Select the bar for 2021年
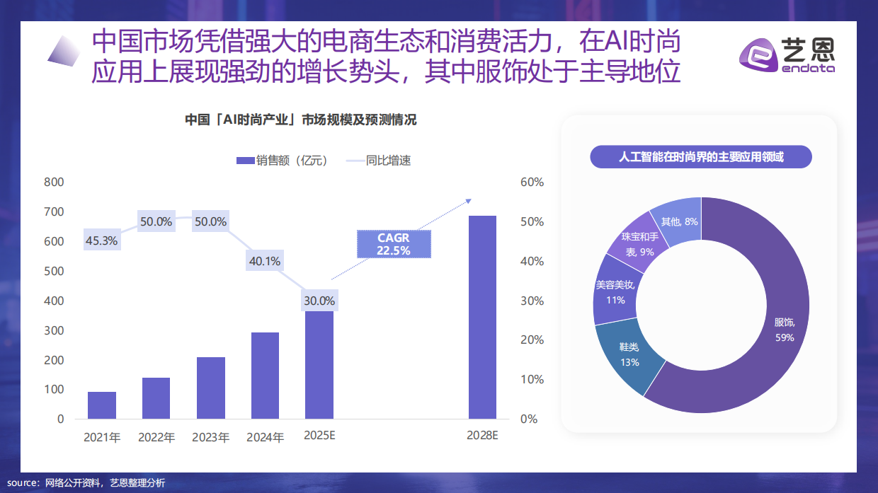coord(102,405)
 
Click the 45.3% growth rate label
coord(101,240)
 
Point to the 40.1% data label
coord(265,261)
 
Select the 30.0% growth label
coord(319,301)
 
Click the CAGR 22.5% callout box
coord(393,244)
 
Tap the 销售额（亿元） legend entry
coord(281,161)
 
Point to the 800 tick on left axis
coord(55,182)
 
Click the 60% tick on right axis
coord(532,182)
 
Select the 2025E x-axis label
coord(319,436)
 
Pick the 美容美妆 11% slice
coord(612,291)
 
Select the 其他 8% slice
coord(678,221)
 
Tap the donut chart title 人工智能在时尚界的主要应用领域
coord(700,157)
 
